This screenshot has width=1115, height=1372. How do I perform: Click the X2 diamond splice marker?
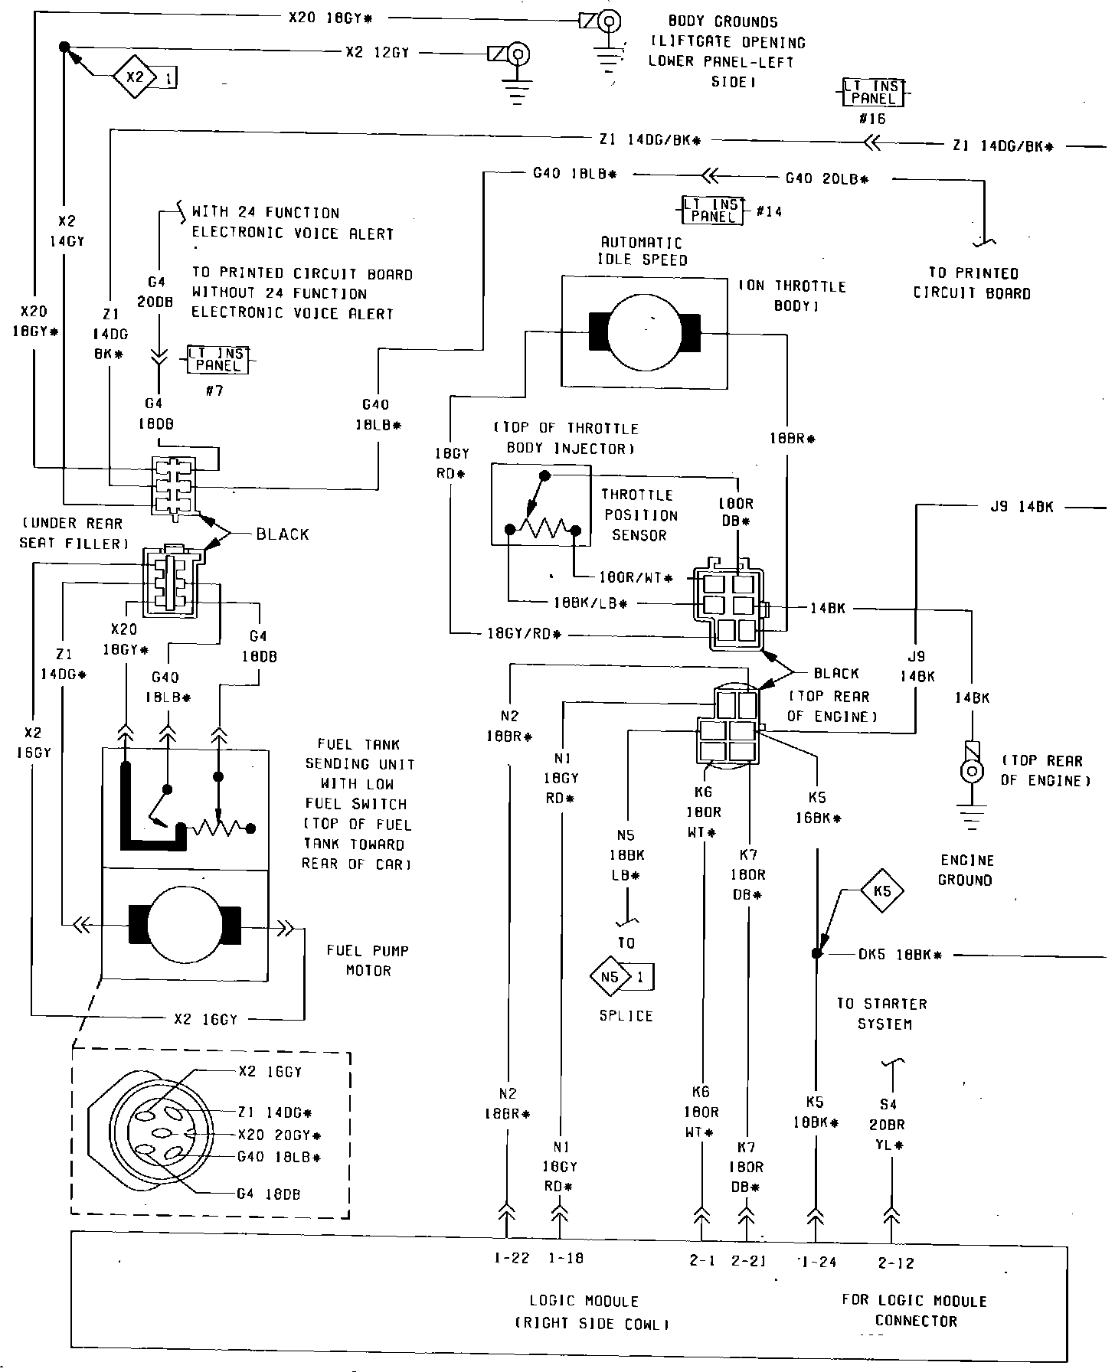[135, 77]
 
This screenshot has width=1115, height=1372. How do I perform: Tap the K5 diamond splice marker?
[882, 891]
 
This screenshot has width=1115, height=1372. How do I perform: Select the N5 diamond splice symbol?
[610, 977]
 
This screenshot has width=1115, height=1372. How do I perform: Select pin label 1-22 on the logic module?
[511, 1258]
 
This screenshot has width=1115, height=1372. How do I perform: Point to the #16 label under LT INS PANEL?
[872, 119]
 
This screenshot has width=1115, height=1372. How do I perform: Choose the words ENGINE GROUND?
[965, 870]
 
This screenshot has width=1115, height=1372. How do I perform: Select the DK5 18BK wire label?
[899, 955]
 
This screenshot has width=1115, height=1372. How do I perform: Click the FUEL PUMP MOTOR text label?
[368, 960]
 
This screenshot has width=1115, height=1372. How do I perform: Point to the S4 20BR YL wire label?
[888, 1125]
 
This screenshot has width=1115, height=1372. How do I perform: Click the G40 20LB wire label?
[827, 178]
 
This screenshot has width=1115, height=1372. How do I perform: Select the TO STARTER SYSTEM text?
[881, 1014]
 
